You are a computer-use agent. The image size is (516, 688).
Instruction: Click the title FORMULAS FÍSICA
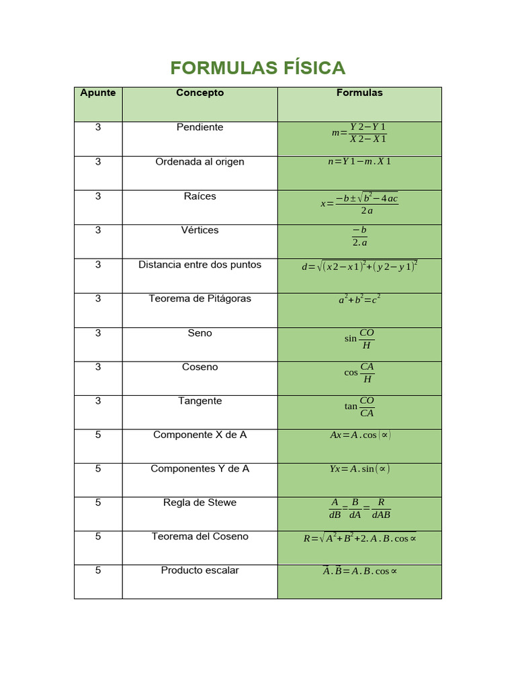(258, 68)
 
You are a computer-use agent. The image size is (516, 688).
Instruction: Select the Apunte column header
(98, 93)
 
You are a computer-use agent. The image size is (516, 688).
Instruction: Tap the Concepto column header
(200, 93)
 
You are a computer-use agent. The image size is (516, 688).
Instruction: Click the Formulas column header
(359, 93)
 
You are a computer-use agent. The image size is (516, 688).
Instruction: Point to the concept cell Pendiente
(200, 127)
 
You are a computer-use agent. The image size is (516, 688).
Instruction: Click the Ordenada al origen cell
(200, 162)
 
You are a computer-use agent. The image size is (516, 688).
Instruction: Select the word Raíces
(200, 196)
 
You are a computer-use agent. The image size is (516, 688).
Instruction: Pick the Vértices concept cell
(200, 230)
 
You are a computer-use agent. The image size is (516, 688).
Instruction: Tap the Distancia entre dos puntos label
(200, 265)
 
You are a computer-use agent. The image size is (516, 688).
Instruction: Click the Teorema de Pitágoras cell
(200, 298)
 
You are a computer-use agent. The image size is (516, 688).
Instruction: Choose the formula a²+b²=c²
(359, 300)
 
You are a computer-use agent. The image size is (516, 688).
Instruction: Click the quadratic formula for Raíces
(359, 203)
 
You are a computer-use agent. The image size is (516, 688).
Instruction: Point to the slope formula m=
(359, 133)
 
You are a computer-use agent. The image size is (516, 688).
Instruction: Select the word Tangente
(200, 400)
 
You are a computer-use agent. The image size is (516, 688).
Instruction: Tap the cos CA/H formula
(359, 373)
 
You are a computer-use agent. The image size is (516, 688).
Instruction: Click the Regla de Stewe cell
(200, 503)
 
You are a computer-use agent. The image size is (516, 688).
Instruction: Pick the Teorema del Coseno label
(200, 536)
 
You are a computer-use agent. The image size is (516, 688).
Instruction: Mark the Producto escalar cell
(200, 570)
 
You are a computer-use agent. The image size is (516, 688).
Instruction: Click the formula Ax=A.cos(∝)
(359, 435)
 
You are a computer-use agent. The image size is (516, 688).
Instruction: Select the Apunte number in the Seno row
(98, 333)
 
